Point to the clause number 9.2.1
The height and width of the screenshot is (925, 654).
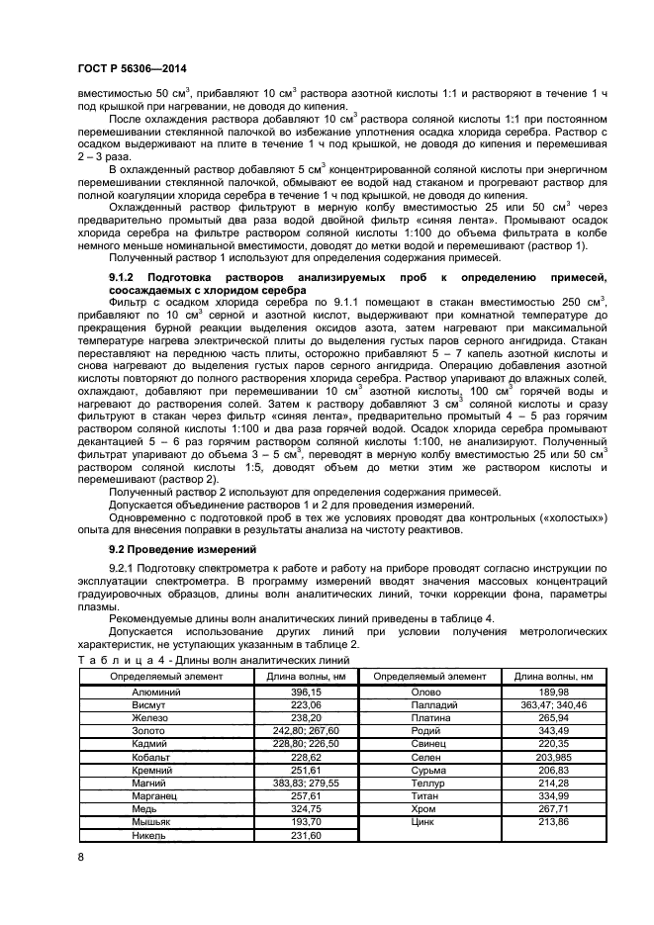point(126,567)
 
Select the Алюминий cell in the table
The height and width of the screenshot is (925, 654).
point(152,692)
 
